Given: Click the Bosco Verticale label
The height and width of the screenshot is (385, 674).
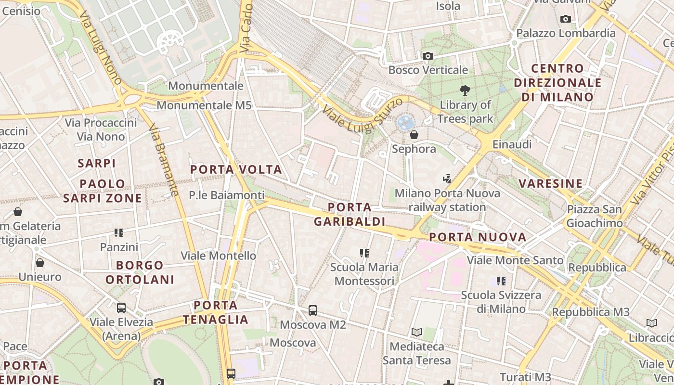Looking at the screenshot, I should click(428, 70).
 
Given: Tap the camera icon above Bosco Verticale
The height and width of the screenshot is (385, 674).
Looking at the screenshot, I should click(428, 56).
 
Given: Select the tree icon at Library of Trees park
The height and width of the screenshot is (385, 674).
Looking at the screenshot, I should click(465, 90).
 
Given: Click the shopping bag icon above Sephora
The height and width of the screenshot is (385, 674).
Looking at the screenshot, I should click(414, 135).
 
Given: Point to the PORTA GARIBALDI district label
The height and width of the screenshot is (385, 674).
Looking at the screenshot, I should click(350, 214).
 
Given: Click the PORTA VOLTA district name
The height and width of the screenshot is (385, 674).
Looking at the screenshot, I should click(236, 169).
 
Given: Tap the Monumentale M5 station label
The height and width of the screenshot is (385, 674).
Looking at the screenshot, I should click(204, 105).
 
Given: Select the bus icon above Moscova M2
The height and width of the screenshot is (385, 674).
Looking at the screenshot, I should click(313, 310).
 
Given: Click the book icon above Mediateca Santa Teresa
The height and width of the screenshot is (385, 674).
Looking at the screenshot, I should click(417, 332).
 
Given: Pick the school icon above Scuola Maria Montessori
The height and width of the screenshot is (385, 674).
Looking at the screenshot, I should click(364, 253).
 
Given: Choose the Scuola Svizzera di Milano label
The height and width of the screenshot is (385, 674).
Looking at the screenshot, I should click(501, 302).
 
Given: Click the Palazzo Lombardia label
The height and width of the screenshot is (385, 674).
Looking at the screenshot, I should click(566, 33).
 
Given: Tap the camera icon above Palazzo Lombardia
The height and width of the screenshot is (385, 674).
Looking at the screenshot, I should click(566, 19).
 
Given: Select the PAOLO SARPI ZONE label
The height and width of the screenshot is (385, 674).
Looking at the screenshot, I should click(103, 191).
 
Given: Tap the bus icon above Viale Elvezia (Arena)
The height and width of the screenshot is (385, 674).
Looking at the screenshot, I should click(121, 308).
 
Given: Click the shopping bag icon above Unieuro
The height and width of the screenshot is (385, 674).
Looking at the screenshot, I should click(40, 263).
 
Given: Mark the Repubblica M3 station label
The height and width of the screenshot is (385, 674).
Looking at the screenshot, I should click(590, 312).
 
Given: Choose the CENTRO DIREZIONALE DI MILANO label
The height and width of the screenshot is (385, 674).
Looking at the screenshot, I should click(557, 83).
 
